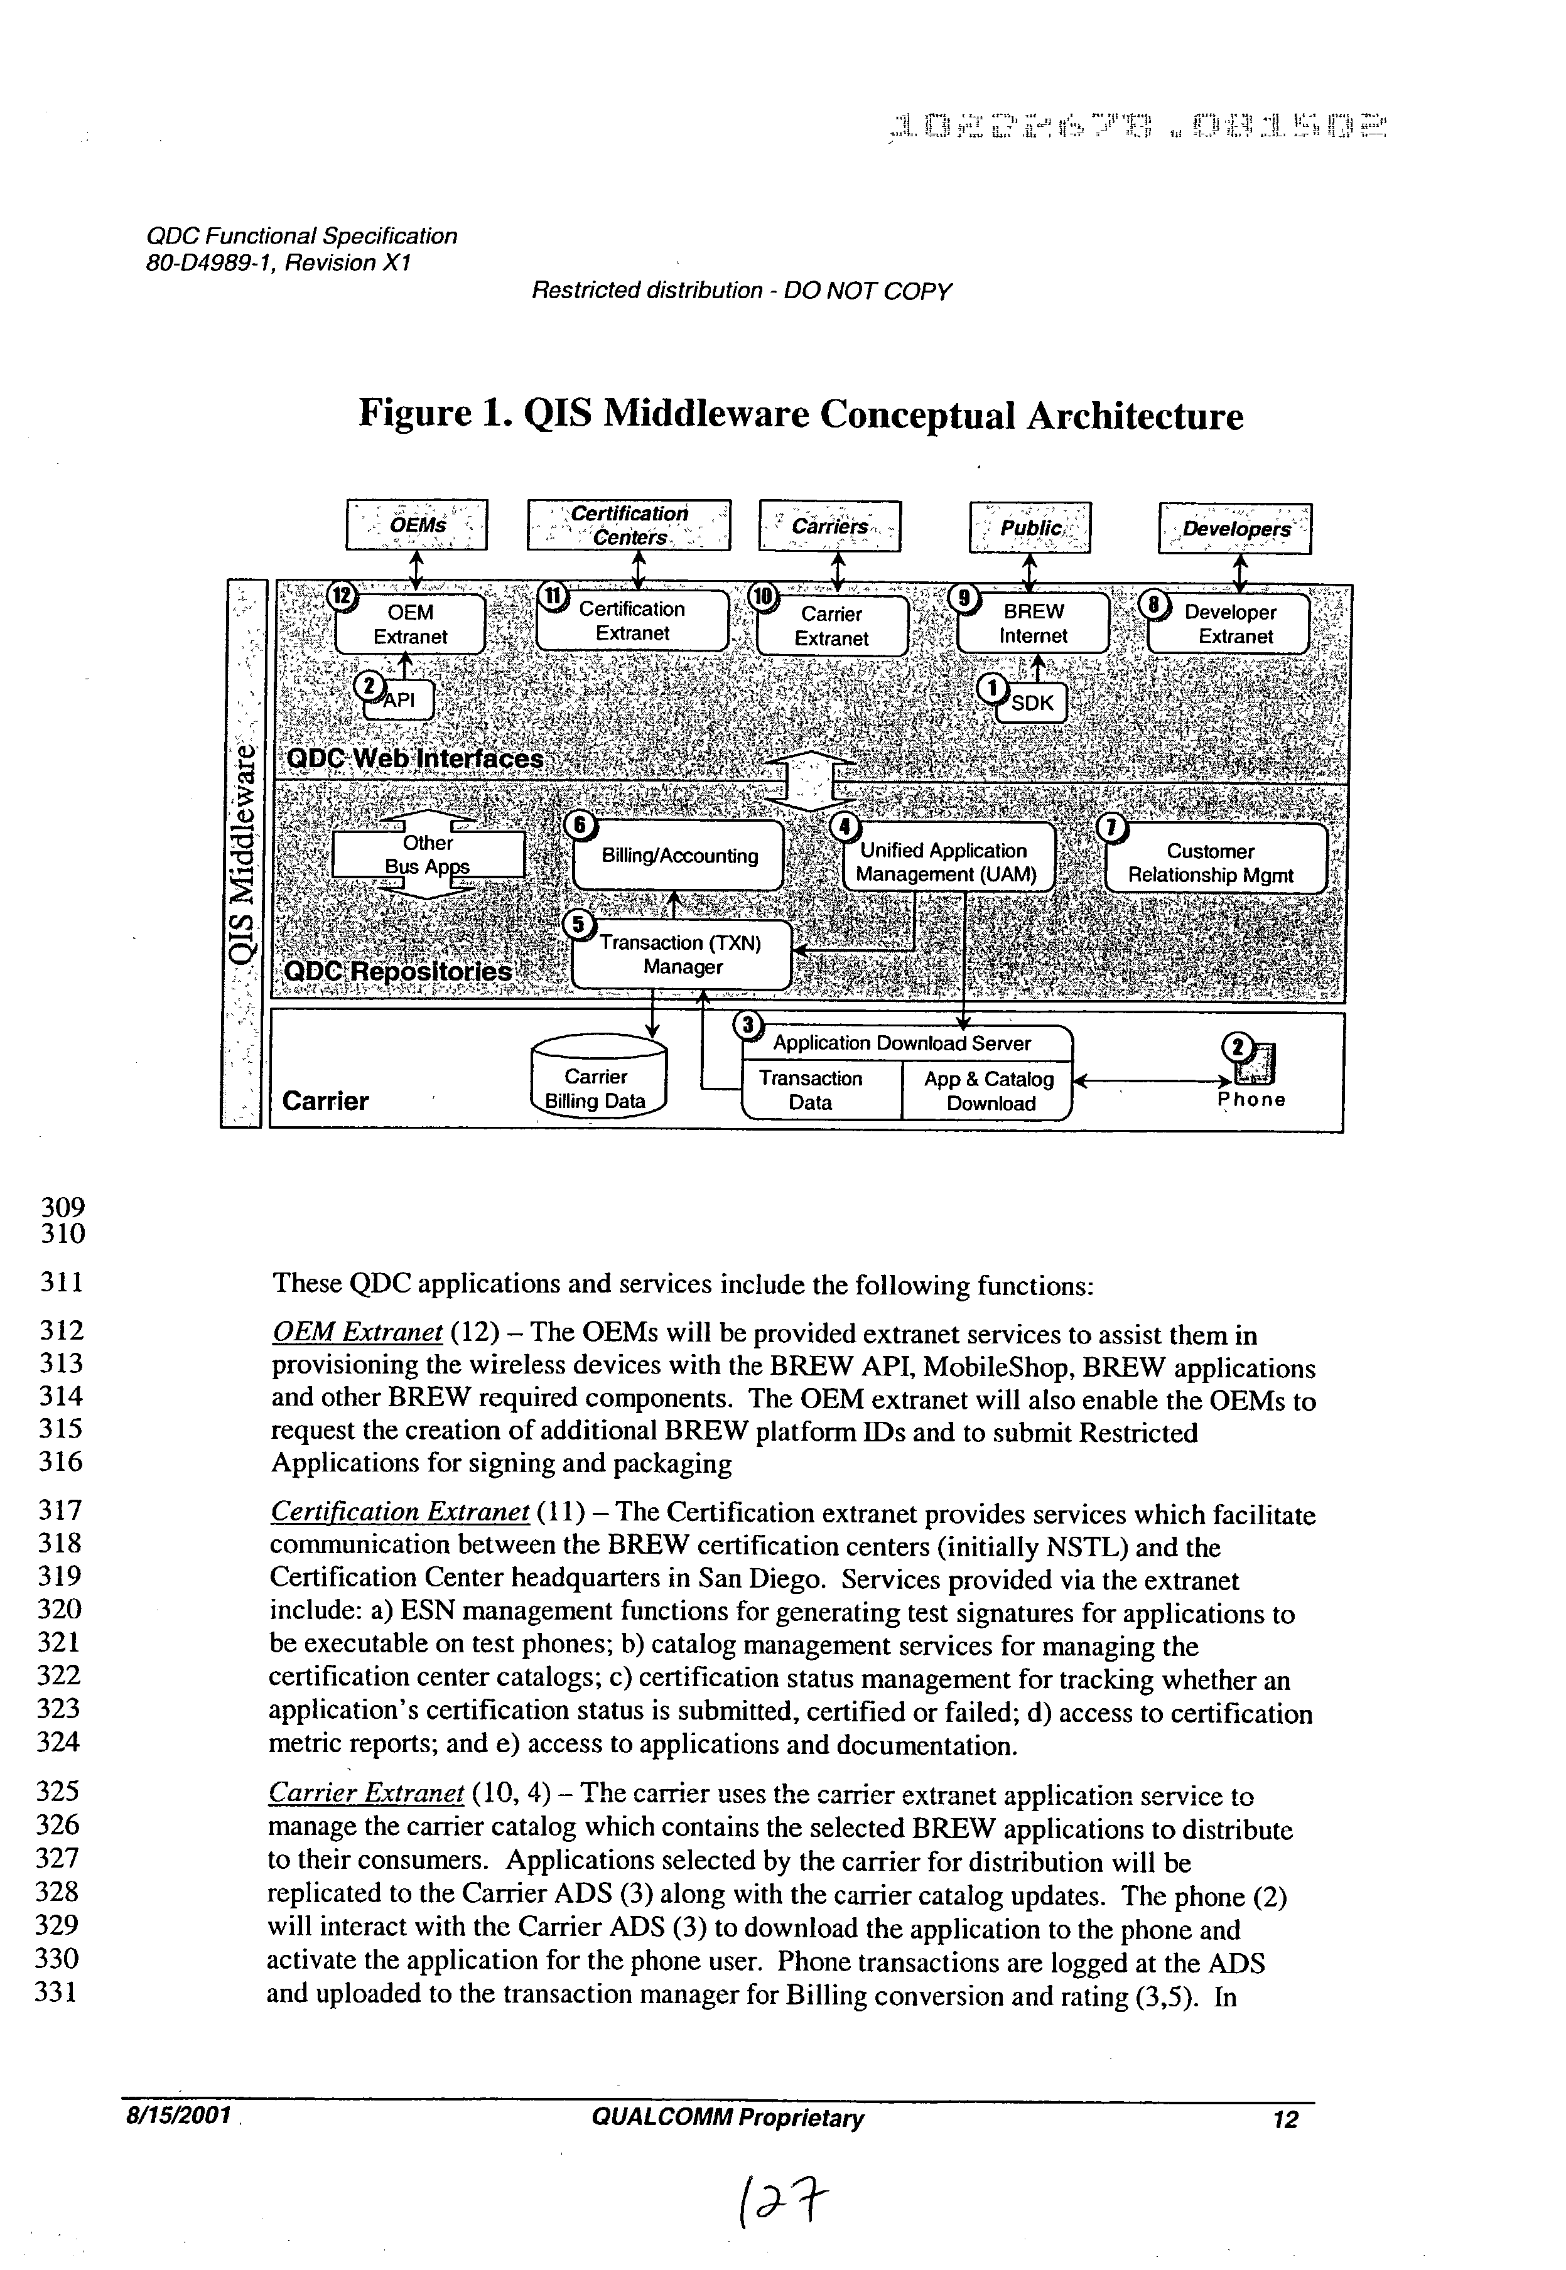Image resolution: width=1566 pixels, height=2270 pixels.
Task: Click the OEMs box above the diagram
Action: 417,525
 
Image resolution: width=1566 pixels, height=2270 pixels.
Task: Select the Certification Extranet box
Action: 633,621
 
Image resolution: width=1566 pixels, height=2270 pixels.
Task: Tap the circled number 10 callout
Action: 762,596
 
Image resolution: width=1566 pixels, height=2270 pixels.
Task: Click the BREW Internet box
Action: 1033,624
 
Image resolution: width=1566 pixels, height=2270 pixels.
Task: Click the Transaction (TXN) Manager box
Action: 682,954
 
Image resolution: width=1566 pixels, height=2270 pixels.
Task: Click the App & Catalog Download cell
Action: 988,1091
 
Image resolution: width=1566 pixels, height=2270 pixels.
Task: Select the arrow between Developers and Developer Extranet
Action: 1239,573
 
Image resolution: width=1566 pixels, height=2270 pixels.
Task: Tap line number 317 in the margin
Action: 59,1510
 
